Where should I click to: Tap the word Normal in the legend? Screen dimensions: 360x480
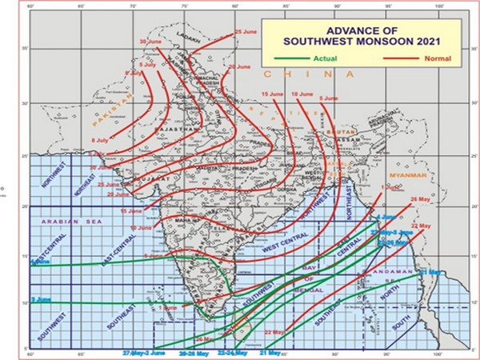click(x=437, y=58)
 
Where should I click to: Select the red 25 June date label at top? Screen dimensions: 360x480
click(x=246, y=32)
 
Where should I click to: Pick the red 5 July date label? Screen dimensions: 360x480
click(x=148, y=62)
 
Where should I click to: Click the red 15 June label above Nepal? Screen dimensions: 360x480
click(x=273, y=94)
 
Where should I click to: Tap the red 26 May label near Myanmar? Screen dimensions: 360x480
click(x=419, y=198)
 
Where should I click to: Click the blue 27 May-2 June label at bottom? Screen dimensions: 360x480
click(x=143, y=352)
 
